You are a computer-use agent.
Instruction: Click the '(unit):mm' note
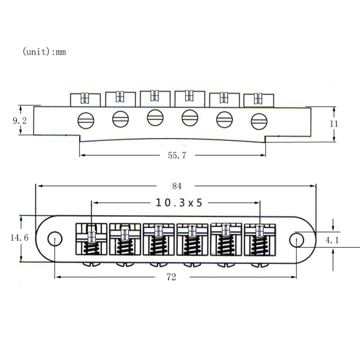pos(44,52)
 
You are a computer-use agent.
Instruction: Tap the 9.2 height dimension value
pos(19,121)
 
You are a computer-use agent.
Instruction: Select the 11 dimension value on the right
pos(333,124)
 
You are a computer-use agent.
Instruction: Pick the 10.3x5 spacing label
pos(179,202)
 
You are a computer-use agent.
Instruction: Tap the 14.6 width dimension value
pos(19,238)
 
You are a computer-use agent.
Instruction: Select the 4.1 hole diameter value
pos(332,240)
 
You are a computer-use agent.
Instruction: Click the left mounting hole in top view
pos(55,238)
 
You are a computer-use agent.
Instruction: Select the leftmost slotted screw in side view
pos(85,120)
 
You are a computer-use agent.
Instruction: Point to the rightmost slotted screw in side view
pos(259,121)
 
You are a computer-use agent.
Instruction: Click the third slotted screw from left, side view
pos(155,118)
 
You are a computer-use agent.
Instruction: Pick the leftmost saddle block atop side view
pos(85,99)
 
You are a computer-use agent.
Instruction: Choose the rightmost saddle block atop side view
pos(259,100)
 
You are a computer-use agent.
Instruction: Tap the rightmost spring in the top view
pos(259,246)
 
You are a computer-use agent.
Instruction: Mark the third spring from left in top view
pos(158,246)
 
